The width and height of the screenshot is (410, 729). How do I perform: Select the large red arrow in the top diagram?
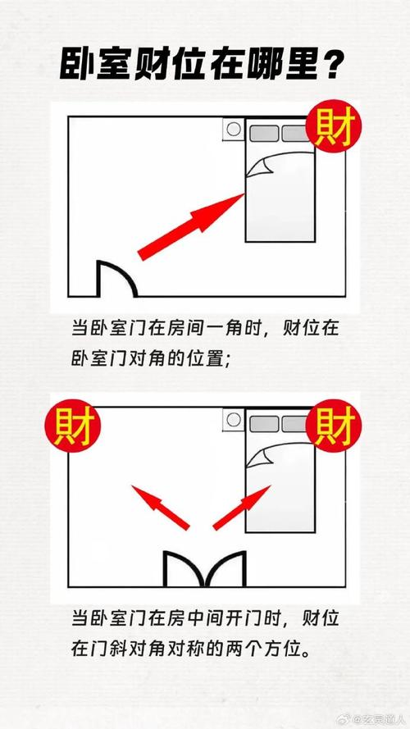coord(191,221)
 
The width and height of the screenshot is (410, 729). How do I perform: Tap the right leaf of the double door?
coord(225,568)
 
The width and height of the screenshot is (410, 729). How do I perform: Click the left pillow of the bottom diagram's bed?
coord(264,424)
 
